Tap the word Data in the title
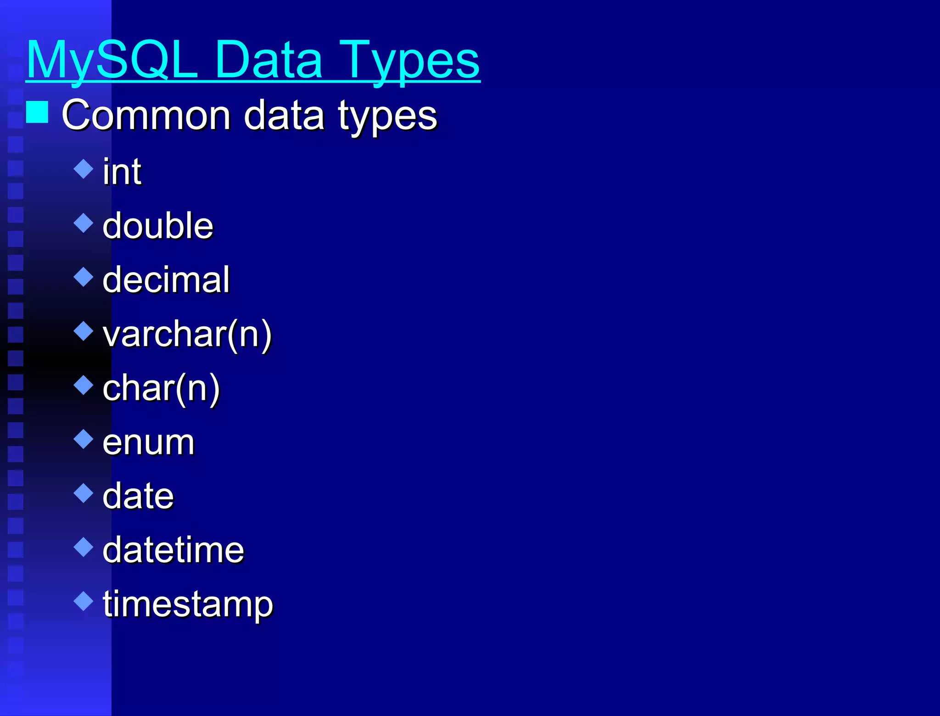pos(268,60)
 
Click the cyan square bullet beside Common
pos(37,112)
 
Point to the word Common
pos(145,115)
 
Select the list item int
pos(122,172)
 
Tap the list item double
pos(158,226)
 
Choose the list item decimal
pos(166,280)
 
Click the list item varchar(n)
pos(187,334)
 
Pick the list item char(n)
pos(161,388)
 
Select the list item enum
pos(148,442)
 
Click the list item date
pos(138,496)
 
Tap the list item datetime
pos(173,550)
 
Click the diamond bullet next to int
pos(84,169)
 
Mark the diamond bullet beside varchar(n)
pos(84,331)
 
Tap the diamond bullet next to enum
pos(84,439)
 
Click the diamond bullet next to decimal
pos(84,277)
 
